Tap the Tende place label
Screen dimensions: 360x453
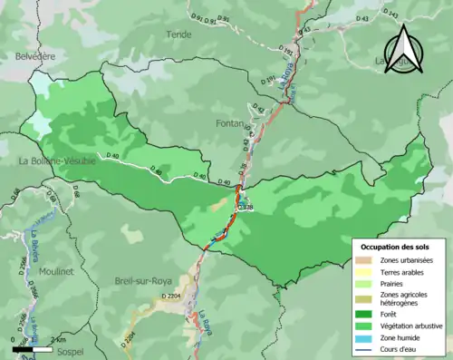[x=179, y=34]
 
